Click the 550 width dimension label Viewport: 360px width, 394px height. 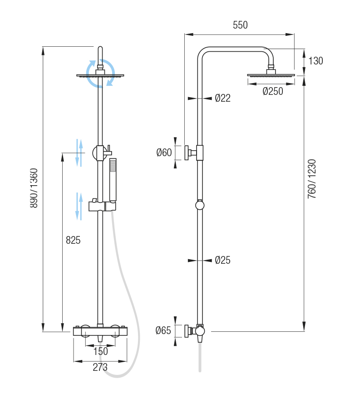240,25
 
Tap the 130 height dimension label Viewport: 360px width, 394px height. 316,61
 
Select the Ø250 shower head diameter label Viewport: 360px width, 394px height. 273,91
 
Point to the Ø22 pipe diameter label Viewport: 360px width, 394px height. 222,98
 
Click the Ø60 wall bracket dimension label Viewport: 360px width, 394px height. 164,153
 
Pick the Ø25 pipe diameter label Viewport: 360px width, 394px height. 222,260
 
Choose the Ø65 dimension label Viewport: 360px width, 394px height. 163,330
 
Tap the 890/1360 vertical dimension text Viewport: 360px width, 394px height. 34,188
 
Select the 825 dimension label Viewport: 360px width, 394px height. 73,241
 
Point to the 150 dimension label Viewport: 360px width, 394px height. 100,351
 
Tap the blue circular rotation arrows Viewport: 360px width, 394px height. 101,73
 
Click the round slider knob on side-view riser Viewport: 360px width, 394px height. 200,206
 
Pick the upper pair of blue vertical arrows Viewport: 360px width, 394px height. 79,153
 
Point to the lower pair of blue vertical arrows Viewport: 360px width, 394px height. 79,206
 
